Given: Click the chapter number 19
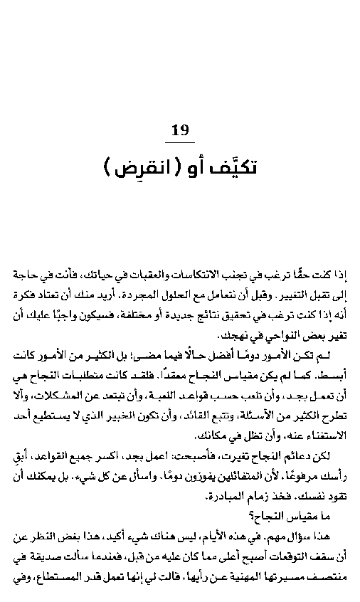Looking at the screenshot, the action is point(181,130).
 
